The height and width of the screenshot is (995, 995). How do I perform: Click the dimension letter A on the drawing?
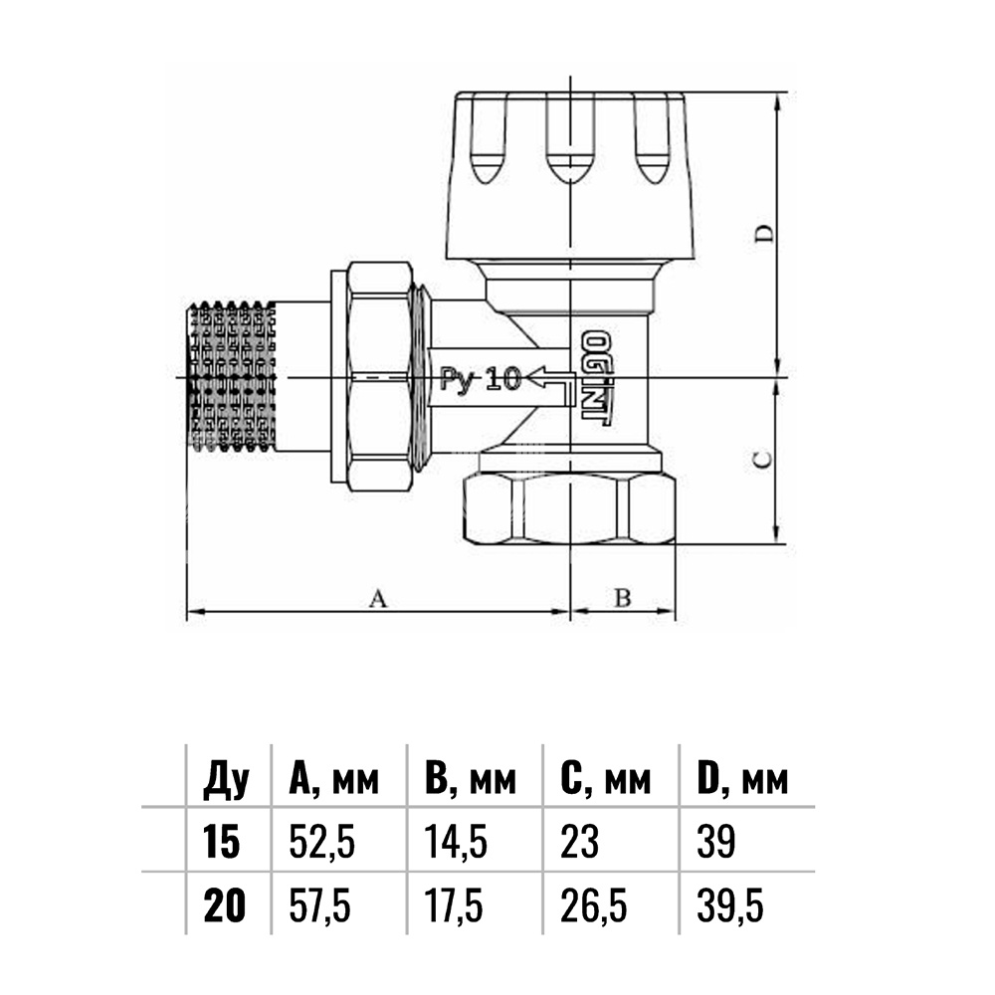[377, 598]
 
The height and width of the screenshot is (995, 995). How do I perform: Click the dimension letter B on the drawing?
[623, 597]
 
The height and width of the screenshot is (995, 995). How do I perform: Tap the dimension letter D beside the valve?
[765, 234]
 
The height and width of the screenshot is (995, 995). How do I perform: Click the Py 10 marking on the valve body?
[481, 379]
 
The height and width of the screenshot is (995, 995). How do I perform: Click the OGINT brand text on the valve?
[596, 377]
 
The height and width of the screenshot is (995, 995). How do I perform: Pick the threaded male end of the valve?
[232, 377]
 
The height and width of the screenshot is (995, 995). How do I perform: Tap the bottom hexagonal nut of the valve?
[570, 509]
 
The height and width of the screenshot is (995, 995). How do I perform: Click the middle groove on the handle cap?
[570, 138]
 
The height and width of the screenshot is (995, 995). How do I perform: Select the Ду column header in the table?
[227, 780]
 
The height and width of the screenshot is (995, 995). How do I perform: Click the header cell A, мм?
[333, 779]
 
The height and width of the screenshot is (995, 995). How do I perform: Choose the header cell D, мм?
[742, 779]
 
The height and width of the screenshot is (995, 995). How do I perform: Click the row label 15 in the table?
[222, 842]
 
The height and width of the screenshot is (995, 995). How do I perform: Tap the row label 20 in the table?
[224, 905]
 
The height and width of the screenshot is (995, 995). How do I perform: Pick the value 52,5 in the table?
[321, 843]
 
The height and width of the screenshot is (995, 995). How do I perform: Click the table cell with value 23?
[579, 842]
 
